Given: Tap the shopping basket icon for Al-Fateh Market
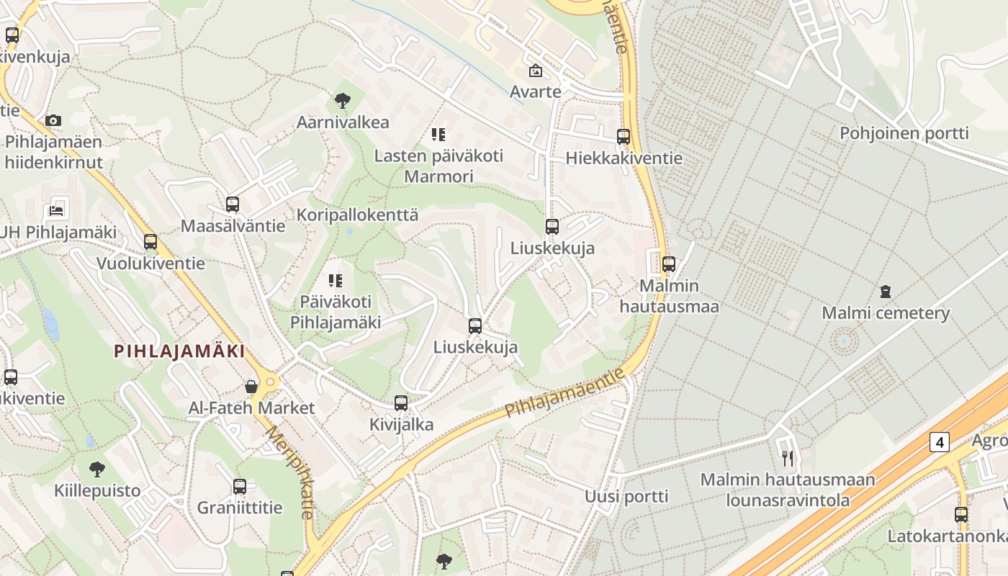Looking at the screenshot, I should tap(251, 387).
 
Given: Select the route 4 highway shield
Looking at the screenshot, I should tap(939, 441).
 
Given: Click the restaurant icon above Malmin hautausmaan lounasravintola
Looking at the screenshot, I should tap(788, 458).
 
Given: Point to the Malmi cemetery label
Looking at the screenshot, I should tap(886, 313).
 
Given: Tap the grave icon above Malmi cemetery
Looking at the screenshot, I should tap(885, 292).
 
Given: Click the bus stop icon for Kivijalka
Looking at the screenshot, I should tap(401, 403).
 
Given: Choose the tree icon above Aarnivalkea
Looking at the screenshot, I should tap(343, 101).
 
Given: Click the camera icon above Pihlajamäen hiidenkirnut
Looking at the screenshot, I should tap(53, 120).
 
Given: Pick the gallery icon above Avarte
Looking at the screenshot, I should tap(535, 71).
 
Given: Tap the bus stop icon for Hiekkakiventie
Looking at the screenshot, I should tap(624, 137).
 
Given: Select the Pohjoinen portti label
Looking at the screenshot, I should tap(904, 133).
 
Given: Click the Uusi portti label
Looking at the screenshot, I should tap(626, 496).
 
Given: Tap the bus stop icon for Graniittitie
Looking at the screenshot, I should tap(240, 487).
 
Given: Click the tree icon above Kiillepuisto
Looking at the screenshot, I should tap(97, 470).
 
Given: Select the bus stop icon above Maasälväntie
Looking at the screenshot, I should tap(232, 204).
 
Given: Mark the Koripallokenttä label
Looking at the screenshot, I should tap(357, 215).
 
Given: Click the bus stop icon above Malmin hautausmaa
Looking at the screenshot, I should tap(669, 264).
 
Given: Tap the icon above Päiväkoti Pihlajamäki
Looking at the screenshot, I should tap(336, 280).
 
